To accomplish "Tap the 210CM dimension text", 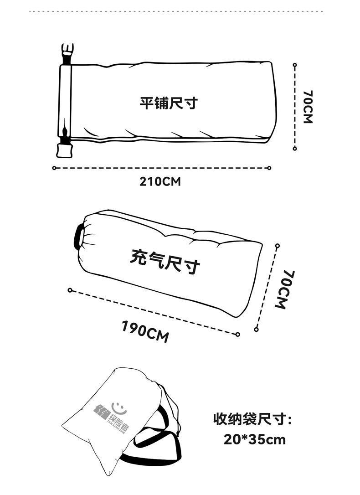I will pos(160,181).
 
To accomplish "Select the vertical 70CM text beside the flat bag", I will pos(308,107).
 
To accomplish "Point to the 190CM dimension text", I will pos(145,331).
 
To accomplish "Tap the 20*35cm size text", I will pos(255,439).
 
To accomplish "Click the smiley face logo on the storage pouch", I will pos(118,404).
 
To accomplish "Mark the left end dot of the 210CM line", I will pos(54,168).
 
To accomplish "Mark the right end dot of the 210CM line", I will pos(271,168).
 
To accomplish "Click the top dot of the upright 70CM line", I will pos(295,65).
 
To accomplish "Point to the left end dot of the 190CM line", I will pos(70,290).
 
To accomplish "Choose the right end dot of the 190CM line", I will pos(238,334).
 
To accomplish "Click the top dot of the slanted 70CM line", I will pos(277,246).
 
